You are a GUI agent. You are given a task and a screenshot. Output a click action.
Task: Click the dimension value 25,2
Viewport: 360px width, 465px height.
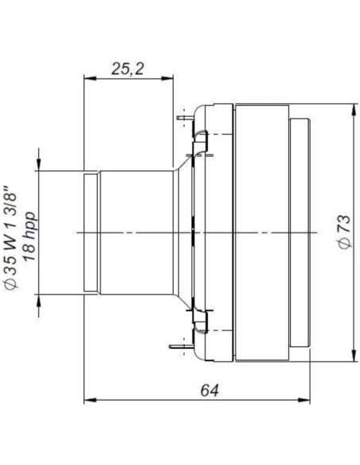pyautogui.click(x=127, y=69)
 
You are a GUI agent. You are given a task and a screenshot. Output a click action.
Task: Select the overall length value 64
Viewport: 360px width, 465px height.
pyautogui.click(x=209, y=389)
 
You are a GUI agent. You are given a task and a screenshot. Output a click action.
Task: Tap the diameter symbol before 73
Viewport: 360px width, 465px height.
pyautogui.click(x=343, y=244)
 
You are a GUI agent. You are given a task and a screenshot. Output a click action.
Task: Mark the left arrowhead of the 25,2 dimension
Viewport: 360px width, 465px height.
pyautogui.click(x=88, y=79)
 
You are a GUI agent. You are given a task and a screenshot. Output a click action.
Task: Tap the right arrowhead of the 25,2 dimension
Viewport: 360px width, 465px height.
pyautogui.click(x=169, y=79)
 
